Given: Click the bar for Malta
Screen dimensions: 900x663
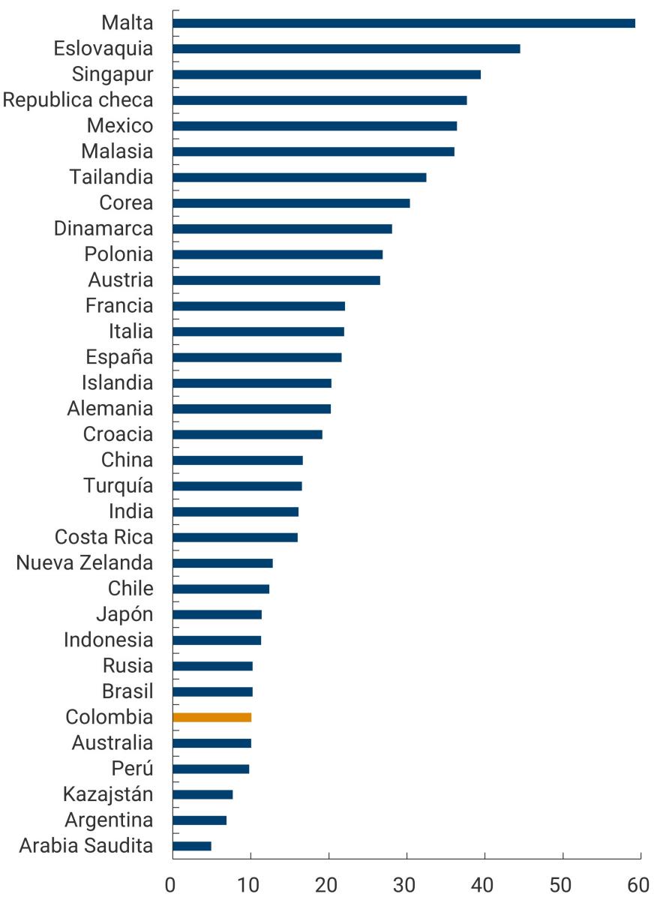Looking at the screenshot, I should (403, 23).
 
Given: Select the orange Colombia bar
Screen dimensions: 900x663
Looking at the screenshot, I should (211, 717).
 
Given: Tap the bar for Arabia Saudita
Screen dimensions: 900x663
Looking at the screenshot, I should (192, 846).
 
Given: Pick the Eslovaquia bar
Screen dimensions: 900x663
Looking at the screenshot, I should (346, 49).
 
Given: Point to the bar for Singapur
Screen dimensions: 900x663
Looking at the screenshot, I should (326, 74).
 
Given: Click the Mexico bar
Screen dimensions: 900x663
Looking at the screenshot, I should (314, 125).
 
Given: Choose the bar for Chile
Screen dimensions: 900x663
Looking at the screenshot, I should (220, 589).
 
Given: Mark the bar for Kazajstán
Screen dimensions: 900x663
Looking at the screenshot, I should (202, 794).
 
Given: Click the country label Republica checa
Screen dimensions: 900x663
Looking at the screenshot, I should (78, 100).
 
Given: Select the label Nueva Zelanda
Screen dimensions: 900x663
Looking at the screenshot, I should (84, 562).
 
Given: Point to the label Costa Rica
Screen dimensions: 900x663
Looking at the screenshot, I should (103, 537).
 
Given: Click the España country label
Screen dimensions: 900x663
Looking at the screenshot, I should (119, 357).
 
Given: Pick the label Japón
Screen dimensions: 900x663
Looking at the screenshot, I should (124, 614).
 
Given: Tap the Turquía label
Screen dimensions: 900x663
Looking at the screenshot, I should (118, 485).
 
